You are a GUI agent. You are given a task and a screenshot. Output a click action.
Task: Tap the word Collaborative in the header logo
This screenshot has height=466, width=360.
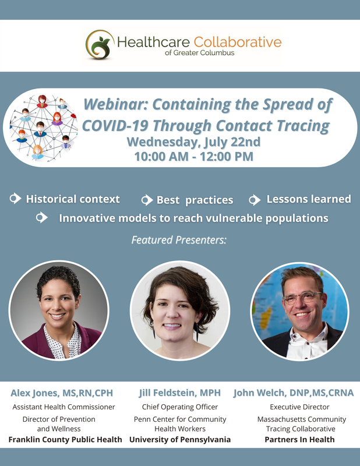pyautogui.click(x=238, y=42)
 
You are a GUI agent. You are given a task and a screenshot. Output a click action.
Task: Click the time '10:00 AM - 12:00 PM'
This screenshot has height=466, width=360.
pyautogui.click(x=193, y=156)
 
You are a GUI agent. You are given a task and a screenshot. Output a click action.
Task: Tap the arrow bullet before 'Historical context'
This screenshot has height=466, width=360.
pyautogui.click(x=15, y=199)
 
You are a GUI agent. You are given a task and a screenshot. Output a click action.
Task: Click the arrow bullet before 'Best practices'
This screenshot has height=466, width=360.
pyautogui.click(x=147, y=200)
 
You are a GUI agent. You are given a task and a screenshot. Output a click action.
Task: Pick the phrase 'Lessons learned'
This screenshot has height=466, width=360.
pyautogui.click(x=308, y=199)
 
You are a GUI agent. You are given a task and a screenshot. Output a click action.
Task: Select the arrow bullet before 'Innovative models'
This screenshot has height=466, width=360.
pyautogui.click(x=41, y=218)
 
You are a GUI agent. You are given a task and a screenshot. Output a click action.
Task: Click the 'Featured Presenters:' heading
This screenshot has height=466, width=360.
pyautogui.click(x=179, y=239)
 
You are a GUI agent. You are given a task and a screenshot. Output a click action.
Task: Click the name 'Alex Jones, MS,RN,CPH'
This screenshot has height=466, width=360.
pyautogui.click(x=65, y=393)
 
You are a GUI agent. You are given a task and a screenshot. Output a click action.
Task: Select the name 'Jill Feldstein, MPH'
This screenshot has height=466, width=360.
pyautogui.click(x=180, y=393)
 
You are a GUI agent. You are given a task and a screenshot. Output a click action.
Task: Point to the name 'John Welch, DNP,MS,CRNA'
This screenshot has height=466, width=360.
pyautogui.click(x=294, y=393)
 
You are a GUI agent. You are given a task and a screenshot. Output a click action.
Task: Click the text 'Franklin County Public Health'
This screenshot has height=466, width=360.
pyautogui.click(x=65, y=439)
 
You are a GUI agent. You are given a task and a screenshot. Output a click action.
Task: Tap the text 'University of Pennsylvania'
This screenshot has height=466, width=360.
pyautogui.click(x=180, y=439)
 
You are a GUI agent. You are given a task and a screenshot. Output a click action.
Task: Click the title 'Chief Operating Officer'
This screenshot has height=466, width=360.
pyautogui.click(x=180, y=407)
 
